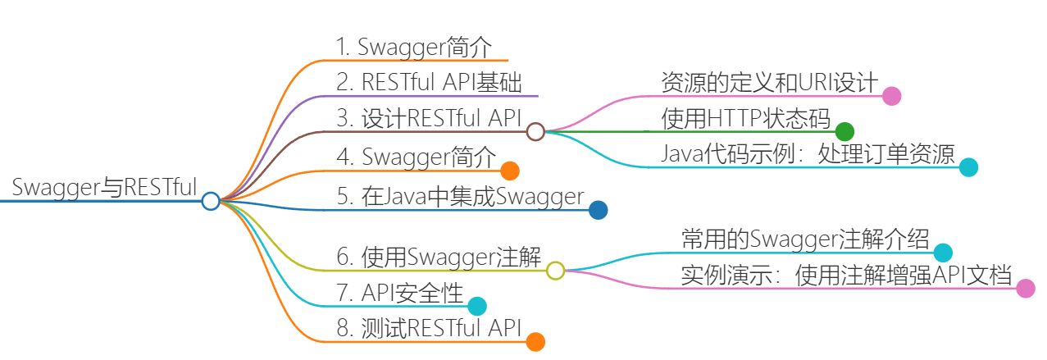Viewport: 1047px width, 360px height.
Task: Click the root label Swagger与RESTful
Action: (104, 187)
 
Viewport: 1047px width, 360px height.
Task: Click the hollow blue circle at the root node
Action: (211, 201)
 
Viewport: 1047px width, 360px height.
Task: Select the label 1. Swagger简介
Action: (414, 48)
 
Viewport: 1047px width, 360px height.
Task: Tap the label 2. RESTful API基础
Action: (429, 82)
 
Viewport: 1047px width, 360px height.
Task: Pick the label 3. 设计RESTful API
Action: (429, 118)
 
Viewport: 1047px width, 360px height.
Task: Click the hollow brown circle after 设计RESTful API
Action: (535, 132)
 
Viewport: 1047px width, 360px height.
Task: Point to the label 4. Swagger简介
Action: (416, 157)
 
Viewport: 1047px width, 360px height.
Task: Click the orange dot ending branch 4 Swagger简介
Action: (510, 171)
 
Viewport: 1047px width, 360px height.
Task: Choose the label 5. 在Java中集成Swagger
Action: (461, 196)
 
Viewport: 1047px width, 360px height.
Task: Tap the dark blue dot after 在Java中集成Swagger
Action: (599, 211)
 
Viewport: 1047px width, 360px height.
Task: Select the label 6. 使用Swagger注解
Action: (439, 257)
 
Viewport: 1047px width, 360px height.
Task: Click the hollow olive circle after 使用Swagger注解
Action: (555, 271)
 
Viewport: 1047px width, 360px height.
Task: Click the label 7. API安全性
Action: (399, 293)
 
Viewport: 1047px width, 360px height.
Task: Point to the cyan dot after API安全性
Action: (477, 306)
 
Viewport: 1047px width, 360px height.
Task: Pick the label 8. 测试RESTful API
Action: (429, 328)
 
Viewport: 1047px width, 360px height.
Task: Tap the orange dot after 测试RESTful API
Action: (535, 342)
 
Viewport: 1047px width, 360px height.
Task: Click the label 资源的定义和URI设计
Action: (769, 83)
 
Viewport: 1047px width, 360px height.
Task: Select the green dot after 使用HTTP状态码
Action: (844, 132)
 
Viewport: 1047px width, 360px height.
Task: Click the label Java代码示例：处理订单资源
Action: (808, 154)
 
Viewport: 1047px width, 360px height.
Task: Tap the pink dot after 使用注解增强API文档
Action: (1026, 289)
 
